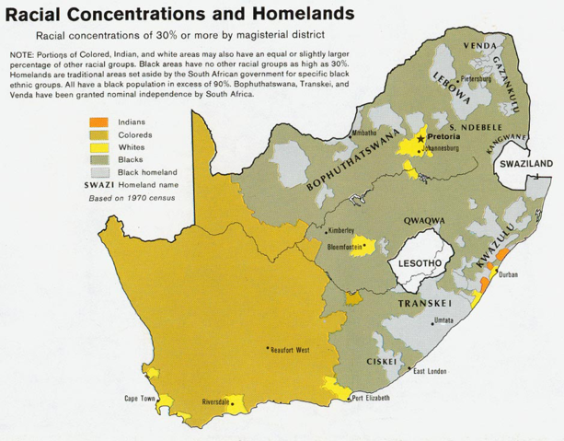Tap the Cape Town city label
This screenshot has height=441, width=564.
point(143,399)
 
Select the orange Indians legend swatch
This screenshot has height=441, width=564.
point(98,122)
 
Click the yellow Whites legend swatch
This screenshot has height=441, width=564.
point(98,147)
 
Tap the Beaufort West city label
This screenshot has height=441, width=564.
point(289,350)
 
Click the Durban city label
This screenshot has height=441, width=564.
point(508,274)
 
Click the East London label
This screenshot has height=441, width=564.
point(431,371)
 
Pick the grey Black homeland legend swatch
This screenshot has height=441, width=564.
point(98,172)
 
